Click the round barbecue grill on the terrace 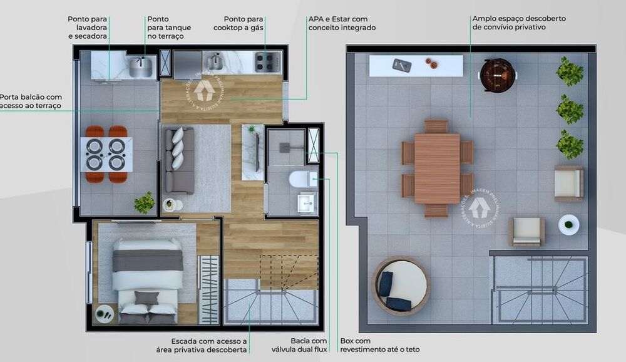pos(498,75)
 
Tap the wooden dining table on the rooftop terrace pos(437,168)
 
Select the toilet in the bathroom pos(299,180)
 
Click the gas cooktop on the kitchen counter pos(267,61)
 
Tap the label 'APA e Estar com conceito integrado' pos(342,23)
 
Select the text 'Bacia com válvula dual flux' pos(296,345)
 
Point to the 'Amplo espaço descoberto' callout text pos(519,23)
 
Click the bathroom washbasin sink pos(307,202)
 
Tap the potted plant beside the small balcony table pos(145,202)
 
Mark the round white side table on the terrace pos(568,224)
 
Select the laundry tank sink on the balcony pos(141,66)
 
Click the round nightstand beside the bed pos(105,313)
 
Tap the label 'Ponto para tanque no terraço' pos(169,28)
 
